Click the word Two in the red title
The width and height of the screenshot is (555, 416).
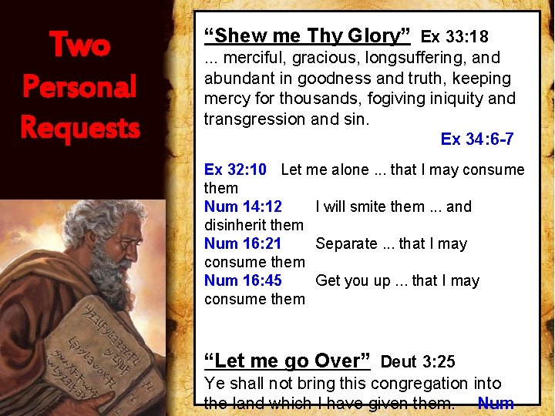pos(79,45)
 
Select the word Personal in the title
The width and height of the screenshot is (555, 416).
pos(79,86)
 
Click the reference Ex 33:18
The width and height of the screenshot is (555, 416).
pos(455,36)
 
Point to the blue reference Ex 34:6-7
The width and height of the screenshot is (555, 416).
pos(477,139)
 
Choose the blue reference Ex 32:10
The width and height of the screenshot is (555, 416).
pos(235,169)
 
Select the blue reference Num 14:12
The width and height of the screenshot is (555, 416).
pos(243,206)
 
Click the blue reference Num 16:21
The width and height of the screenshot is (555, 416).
pos(243,243)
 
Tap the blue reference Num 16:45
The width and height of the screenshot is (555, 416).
pos(243,280)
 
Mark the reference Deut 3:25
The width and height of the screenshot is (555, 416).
pos(418,361)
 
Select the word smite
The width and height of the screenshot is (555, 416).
pos(371,206)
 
